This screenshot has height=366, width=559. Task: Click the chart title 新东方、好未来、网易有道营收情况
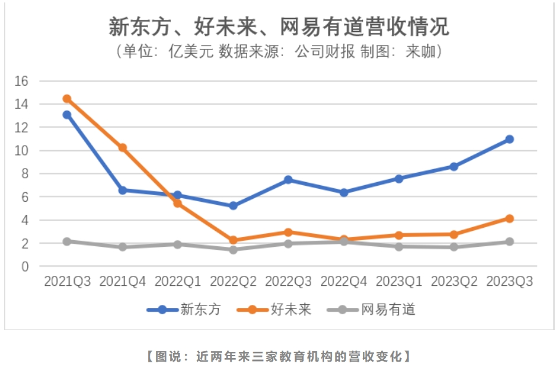click(x=279, y=27)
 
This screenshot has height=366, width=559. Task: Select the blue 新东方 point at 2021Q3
click(x=67, y=115)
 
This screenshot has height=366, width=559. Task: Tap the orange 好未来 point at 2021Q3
click(x=67, y=99)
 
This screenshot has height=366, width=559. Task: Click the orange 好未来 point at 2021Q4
click(x=123, y=148)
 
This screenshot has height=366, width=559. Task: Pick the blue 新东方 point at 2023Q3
click(x=510, y=139)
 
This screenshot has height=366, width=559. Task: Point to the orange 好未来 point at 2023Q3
click(x=510, y=218)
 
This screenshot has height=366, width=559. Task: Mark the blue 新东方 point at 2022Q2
click(x=233, y=206)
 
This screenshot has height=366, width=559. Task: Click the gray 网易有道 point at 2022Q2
click(x=233, y=250)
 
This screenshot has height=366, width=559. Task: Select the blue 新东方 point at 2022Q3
click(x=288, y=180)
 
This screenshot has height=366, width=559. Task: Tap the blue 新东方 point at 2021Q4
click(x=123, y=190)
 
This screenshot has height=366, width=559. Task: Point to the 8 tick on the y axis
click(x=25, y=174)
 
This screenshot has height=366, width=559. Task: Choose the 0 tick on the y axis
click(x=25, y=267)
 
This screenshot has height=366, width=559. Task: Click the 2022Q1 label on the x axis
click(x=177, y=281)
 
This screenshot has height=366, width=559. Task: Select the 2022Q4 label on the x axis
click(x=344, y=281)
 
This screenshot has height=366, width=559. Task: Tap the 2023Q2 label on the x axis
click(x=454, y=281)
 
